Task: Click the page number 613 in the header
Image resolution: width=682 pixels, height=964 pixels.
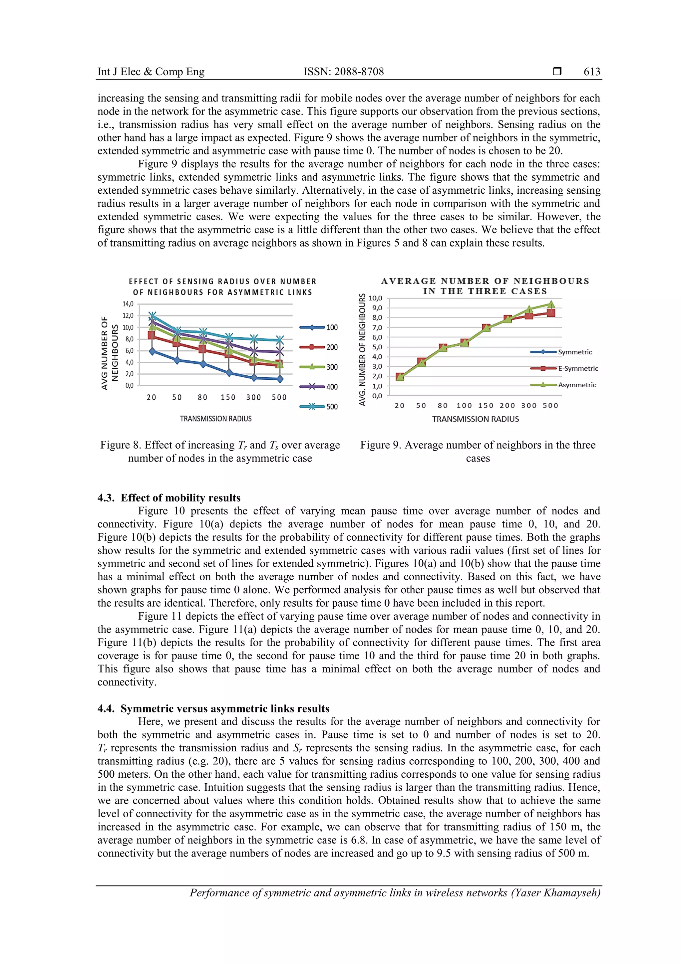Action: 592,72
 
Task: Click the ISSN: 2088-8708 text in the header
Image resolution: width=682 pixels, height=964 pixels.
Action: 343,72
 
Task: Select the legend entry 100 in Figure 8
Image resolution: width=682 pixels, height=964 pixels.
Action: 332,327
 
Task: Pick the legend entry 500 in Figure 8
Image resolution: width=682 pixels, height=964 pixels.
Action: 332,406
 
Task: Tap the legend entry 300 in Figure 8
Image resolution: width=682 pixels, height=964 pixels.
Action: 332,367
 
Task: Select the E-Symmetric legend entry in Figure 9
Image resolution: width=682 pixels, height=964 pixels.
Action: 578,369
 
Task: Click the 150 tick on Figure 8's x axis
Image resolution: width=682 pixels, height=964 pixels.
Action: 228,398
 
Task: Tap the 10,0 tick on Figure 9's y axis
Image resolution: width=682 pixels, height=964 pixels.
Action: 375,298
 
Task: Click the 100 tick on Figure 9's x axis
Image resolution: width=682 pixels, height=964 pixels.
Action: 464,406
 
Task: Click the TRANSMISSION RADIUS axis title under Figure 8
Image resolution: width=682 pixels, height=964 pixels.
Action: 215,419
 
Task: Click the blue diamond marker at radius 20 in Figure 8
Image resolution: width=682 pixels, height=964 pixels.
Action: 152,351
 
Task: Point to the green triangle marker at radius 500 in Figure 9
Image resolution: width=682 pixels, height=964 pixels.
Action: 551,304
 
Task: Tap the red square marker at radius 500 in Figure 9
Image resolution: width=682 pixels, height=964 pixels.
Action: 551,313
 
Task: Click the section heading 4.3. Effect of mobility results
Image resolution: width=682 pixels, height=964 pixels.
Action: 169,498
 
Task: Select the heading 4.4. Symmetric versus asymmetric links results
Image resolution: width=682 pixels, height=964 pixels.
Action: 213,708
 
